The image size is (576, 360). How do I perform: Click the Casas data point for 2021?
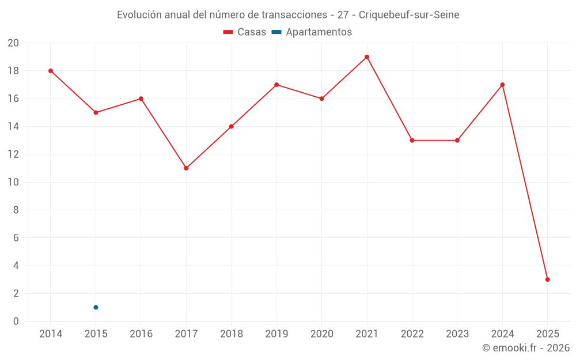(367, 57)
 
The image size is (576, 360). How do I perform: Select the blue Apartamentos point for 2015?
(96, 307)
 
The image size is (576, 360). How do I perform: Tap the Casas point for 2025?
(547, 279)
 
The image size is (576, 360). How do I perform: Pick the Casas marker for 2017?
(186, 168)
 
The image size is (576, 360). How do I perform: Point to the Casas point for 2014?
(51, 71)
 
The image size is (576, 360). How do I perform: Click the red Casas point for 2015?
(96, 112)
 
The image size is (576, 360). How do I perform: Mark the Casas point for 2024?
(502, 85)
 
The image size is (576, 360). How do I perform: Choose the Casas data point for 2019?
(276, 85)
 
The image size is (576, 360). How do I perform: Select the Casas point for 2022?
(412, 141)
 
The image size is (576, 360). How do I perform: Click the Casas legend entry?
(245, 32)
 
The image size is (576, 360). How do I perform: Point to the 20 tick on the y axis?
(13, 43)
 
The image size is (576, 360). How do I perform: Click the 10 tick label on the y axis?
(13, 182)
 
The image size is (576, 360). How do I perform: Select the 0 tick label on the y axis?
(16, 321)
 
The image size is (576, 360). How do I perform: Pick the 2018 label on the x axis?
(231, 334)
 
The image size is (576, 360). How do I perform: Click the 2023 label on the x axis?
(457, 334)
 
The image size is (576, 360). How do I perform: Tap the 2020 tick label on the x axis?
(321, 334)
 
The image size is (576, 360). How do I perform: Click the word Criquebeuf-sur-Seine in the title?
(409, 15)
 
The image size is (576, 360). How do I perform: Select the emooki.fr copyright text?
(526, 348)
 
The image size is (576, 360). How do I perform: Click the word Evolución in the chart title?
(139, 15)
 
